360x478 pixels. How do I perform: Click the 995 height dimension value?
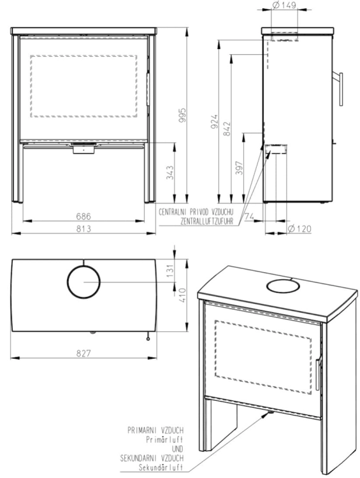(x=182, y=115)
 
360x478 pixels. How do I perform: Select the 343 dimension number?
(x=170, y=173)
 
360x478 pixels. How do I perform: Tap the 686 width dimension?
(x=83, y=217)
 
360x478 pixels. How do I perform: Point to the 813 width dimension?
(x=83, y=229)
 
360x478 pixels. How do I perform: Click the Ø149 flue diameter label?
(x=284, y=5)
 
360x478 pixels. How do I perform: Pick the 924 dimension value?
(x=215, y=121)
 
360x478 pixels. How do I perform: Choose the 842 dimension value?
(x=227, y=129)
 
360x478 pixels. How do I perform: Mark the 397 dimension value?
(x=240, y=168)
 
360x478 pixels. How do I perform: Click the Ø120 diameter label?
(x=299, y=229)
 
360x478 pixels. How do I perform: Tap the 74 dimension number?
(x=249, y=217)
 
